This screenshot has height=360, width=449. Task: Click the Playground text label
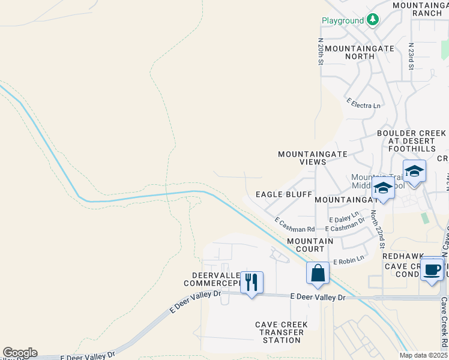pyautogui.click(x=343, y=20)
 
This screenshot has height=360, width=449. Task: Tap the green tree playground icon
pyautogui.click(x=373, y=20)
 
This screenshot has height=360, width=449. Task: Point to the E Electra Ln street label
pyautogui.click(x=364, y=104)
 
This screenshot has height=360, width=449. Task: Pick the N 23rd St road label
pyautogui.click(x=412, y=56)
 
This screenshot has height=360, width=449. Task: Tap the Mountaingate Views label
pyautogui.click(x=313, y=158)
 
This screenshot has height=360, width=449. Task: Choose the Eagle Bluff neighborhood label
pyautogui.click(x=284, y=194)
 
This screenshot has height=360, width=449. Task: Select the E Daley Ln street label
pyautogui.click(x=343, y=214)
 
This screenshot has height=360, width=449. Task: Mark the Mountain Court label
pyautogui.click(x=310, y=245)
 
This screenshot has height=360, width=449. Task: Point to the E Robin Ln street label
pyautogui.click(x=349, y=260)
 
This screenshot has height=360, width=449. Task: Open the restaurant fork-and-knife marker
pyautogui.click(x=252, y=282)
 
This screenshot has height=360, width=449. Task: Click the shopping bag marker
pyautogui.click(x=318, y=273)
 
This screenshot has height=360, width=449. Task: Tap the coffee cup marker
pyautogui.click(x=432, y=269)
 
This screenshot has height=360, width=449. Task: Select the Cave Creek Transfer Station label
pyautogui.click(x=282, y=332)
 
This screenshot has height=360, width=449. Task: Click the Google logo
pyautogui.click(x=20, y=353)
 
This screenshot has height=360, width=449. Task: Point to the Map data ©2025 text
pyautogui.click(x=423, y=355)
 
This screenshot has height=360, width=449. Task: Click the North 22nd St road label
pyautogui.click(x=378, y=229)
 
